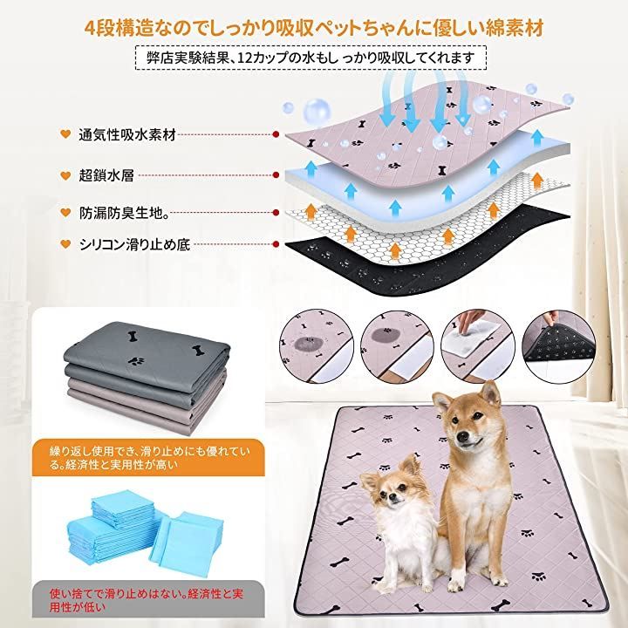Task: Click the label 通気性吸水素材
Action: coord(127,135)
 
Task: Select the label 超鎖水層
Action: coord(106,175)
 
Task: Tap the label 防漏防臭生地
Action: coord(123,213)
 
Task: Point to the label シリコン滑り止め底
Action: coord(134,244)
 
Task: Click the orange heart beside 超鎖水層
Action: coord(65,175)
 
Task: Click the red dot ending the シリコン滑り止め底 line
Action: coord(276,244)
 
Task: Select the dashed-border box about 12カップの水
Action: coord(311,58)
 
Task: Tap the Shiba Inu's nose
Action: coord(462,437)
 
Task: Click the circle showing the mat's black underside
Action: coord(558,347)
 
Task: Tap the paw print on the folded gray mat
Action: coord(136,361)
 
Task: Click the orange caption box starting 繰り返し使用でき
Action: coord(148,458)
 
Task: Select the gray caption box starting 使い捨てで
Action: coord(148,599)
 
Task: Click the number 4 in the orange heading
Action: coord(91,28)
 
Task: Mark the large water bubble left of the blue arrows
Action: coord(317,110)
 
